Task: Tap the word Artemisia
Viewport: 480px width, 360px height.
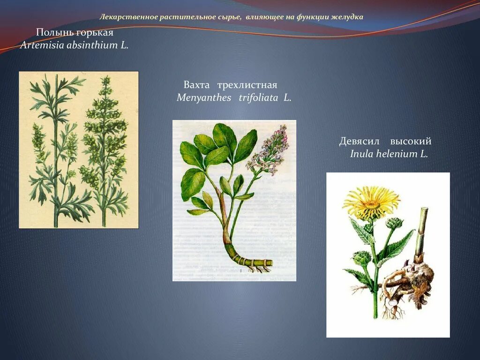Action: pyautogui.click(x=39, y=45)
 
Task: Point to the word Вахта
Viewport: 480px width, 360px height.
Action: pyautogui.click(x=196, y=85)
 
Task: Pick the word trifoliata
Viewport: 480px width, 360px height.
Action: pyautogui.click(x=258, y=98)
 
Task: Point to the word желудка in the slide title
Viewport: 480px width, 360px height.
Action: pyautogui.click(x=347, y=17)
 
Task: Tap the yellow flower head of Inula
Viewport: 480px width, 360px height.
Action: pyautogui.click(x=371, y=202)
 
